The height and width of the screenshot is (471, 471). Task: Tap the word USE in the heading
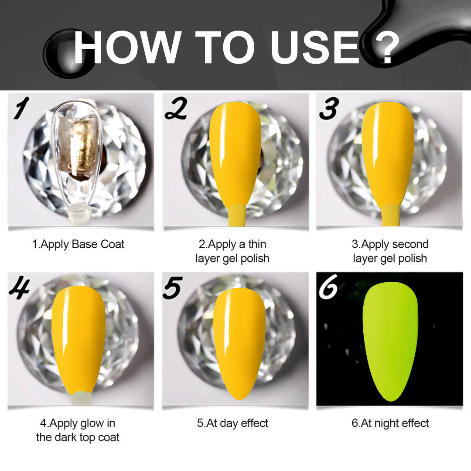[315, 47]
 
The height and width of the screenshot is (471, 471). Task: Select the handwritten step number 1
[21, 108]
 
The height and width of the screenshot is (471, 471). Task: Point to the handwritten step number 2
[176, 108]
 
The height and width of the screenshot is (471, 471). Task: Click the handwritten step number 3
[329, 108]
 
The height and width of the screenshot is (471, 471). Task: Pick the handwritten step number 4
[20, 288]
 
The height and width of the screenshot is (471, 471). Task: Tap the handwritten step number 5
[172, 288]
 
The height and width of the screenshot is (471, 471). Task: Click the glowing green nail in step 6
[390, 341]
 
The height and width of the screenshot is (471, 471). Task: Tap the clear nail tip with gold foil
[77, 156]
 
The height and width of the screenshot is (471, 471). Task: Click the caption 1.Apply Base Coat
[78, 244]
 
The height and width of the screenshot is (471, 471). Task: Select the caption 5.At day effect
[232, 423]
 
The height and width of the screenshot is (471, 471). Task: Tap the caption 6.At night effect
[390, 423]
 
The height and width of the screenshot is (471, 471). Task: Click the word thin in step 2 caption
[257, 244]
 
